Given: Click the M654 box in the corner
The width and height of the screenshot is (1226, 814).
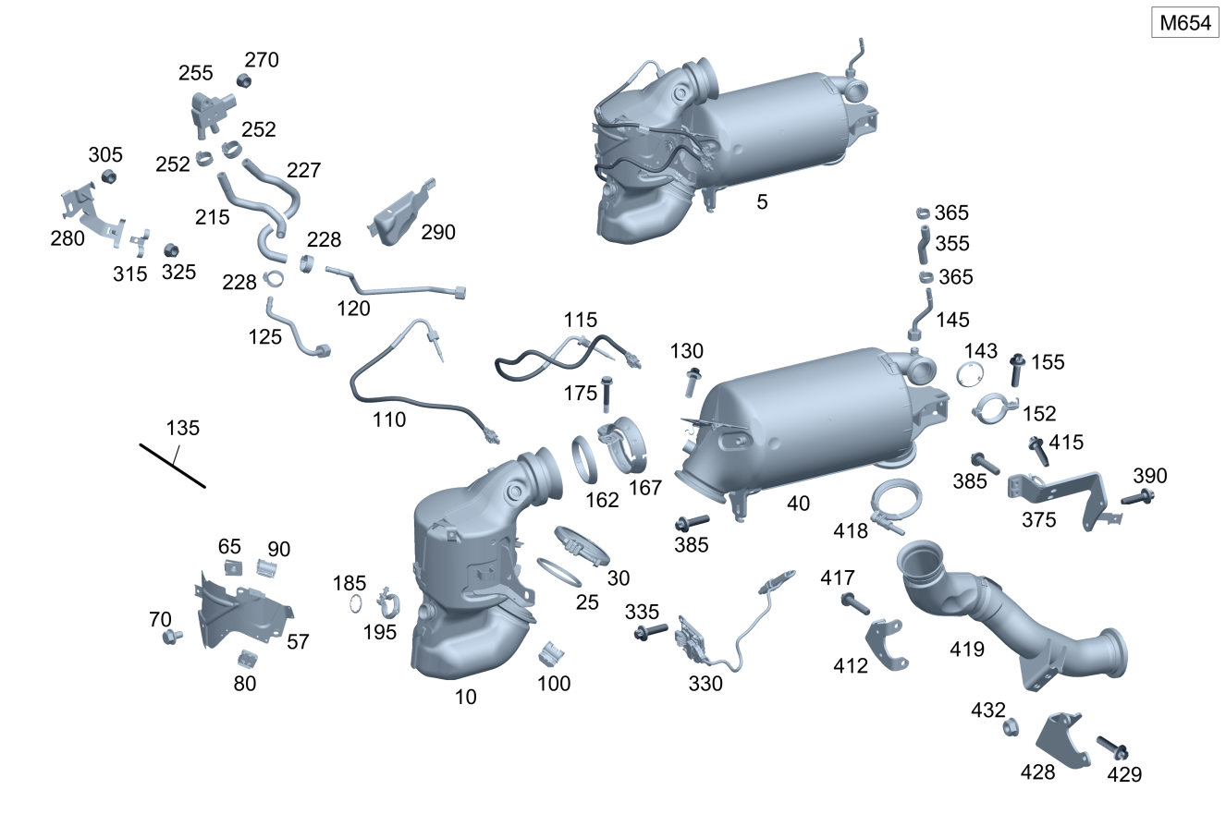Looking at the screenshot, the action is pos(1185,23).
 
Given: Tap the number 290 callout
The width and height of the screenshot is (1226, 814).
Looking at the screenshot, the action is pos(438,233).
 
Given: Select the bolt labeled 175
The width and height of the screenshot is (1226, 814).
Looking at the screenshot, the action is pos(606,395).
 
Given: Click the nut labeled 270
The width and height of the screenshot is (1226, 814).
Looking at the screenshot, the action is pos(243,81).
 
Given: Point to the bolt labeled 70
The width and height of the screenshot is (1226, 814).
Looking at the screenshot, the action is pos(172,637).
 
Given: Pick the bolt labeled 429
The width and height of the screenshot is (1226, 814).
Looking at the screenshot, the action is pos(1112,748).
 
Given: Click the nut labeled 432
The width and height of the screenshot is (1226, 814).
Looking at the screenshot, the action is pos(1011,727).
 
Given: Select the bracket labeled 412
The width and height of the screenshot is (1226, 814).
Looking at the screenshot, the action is pos(886,644).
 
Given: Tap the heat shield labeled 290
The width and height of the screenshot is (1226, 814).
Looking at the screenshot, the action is pos(402,213).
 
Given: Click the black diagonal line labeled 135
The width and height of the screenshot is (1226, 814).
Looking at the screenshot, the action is pos(172,466).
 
